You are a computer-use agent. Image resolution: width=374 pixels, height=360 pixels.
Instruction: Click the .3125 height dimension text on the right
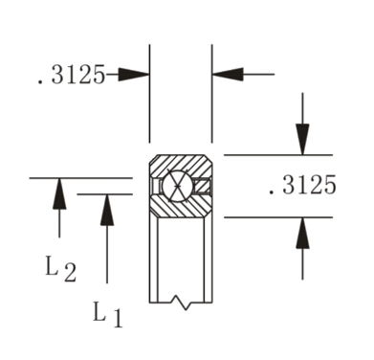point(302,186)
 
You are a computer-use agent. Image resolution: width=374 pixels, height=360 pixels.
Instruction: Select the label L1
point(107,313)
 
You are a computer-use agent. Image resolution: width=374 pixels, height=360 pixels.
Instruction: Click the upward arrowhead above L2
point(59,193)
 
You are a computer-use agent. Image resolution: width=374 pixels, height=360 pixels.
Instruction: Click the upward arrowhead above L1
point(107,210)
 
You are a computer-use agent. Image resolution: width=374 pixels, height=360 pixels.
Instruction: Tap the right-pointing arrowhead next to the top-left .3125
point(135,74)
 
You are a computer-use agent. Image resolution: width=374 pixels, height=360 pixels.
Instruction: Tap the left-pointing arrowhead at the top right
point(227,74)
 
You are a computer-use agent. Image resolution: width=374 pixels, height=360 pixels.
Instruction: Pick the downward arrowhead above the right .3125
point(302,139)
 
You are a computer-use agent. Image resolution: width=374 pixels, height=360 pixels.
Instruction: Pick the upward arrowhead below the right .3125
point(302,234)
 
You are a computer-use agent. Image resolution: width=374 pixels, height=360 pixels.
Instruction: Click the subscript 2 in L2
point(70,274)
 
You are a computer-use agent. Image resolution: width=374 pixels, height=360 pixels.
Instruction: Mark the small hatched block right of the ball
point(203,185)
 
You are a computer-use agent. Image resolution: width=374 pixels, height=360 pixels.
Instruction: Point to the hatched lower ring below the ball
point(180,209)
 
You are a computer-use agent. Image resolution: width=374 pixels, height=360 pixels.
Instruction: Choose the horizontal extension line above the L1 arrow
point(105,193)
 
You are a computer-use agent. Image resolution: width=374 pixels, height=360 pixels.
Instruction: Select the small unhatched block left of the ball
point(157,185)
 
